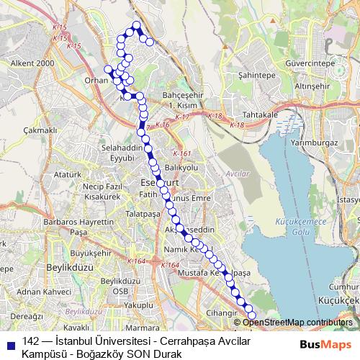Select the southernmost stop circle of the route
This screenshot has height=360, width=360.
click(252, 315)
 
